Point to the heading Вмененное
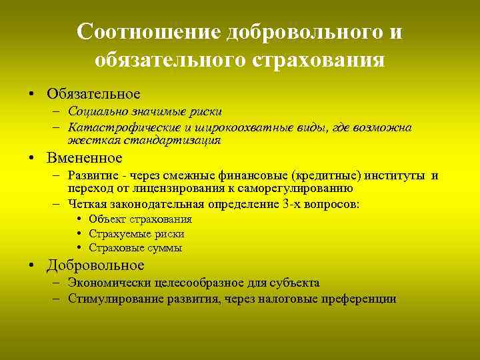pos(85,158)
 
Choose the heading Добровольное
pos(95,265)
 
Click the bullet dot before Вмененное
pos(31,159)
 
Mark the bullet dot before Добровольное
pos(31,265)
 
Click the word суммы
pos(165,248)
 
